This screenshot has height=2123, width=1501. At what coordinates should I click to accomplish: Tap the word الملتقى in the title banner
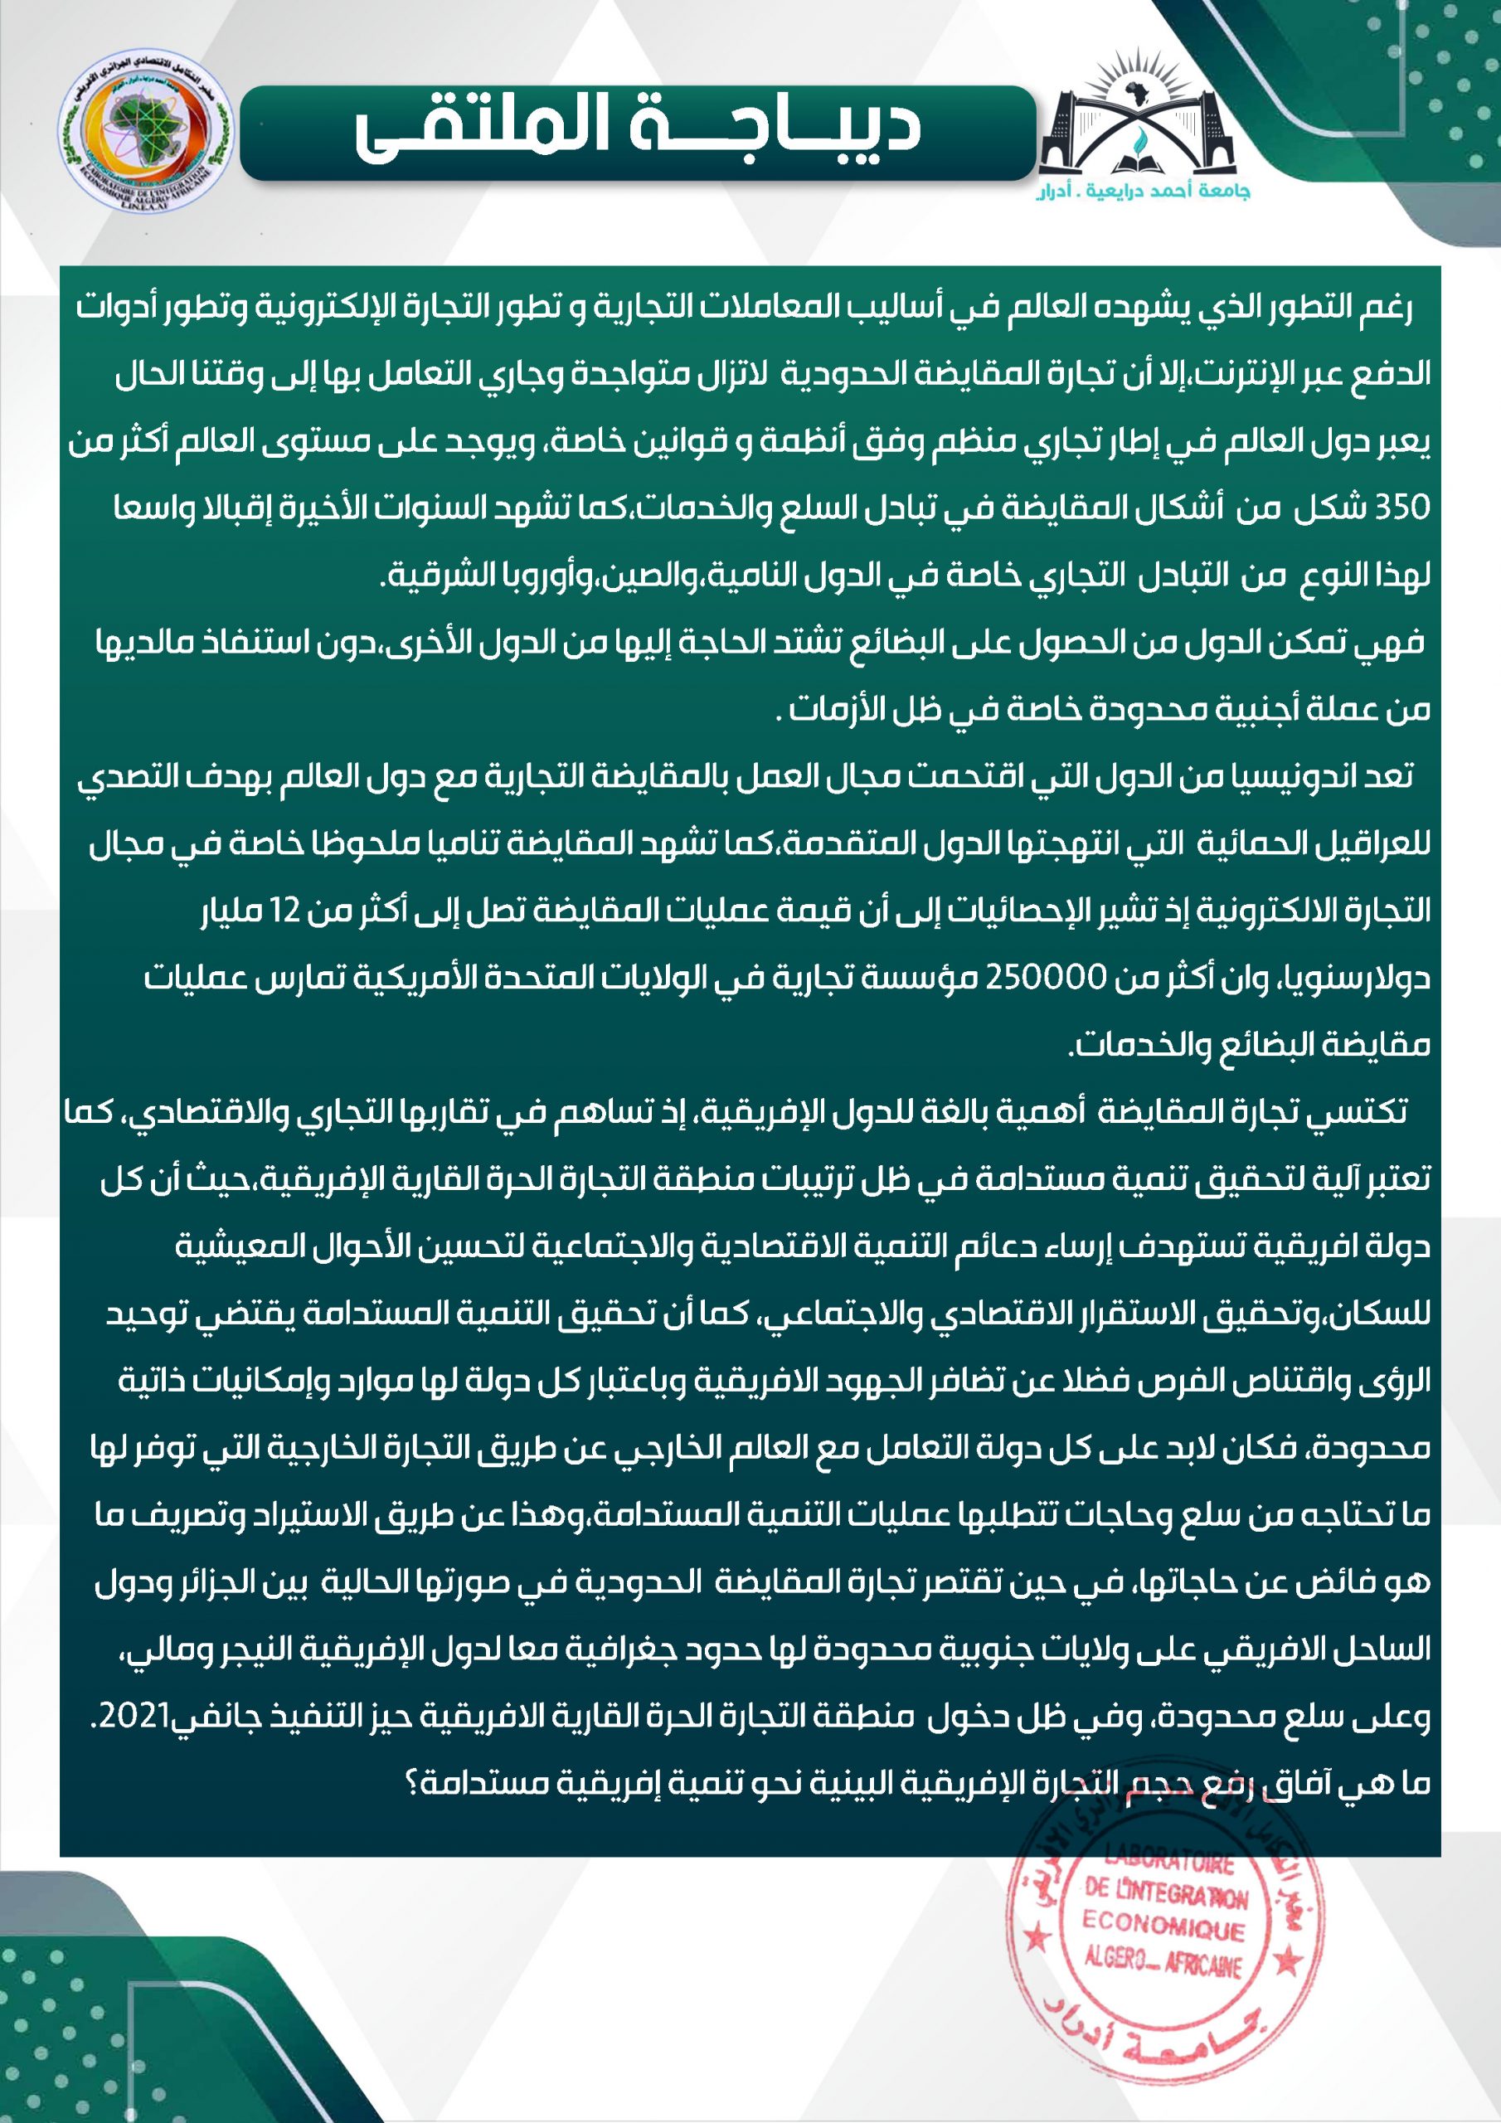(481, 129)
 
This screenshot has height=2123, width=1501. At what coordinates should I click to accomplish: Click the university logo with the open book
(1139, 120)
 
